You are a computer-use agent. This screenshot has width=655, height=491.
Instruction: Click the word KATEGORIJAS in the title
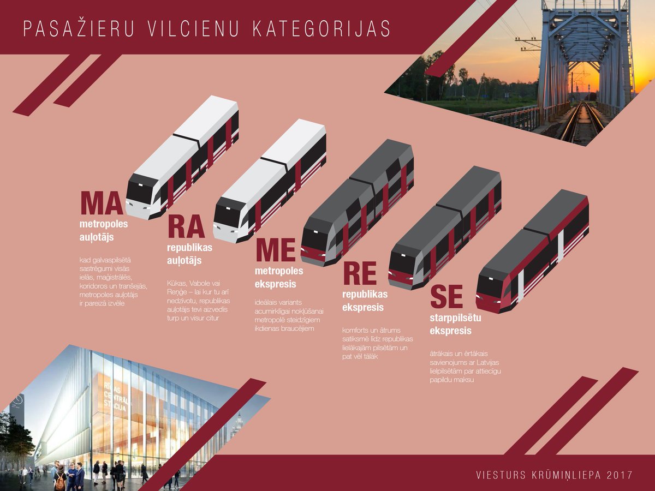coord(321,29)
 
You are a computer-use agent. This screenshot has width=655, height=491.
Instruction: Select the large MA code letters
coord(102,203)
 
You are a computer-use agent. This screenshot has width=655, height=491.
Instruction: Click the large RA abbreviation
coord(186,226)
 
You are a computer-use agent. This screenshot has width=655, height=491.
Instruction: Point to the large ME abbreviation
coord(276,250)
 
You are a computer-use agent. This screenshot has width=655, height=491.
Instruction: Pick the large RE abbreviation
coord(360,273)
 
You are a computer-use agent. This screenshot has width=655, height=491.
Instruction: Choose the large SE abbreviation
coord(446,297)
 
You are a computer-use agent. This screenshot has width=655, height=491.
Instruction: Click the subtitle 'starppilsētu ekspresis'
coord(455,324)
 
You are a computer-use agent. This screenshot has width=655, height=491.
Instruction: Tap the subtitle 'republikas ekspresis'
coord(365,301)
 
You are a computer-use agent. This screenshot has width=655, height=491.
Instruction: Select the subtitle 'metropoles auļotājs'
coord(104,230)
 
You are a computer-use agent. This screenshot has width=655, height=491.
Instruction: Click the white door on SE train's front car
coord(521,286)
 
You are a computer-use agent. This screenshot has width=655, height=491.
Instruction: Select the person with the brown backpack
coord(61,476)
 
